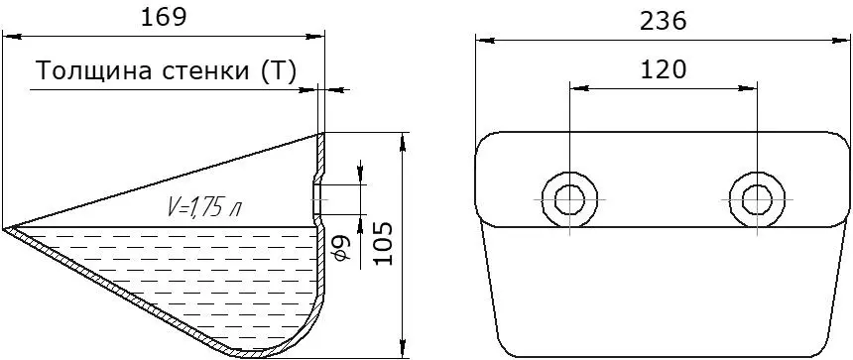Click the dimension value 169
(164, 18)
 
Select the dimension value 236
(663, 21)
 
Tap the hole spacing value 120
(663, 70)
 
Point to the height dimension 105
(384, 243)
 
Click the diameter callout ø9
(344, 249)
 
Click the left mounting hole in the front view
(569, 199)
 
